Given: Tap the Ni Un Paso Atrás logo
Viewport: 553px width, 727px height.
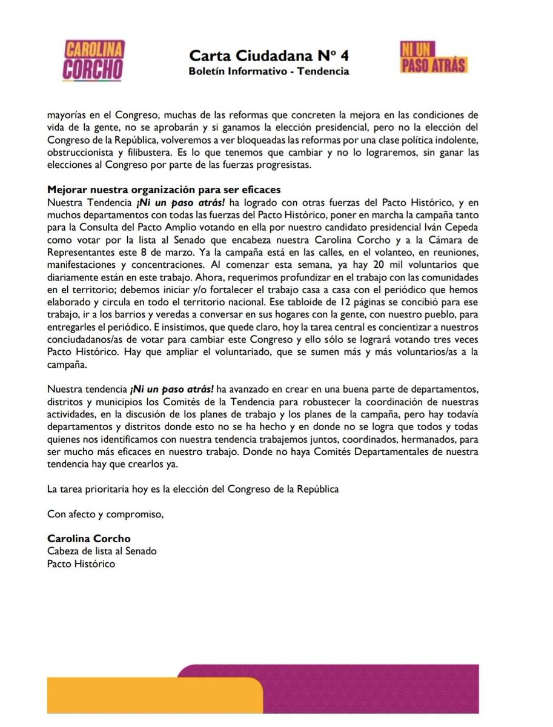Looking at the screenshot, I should (433, 57).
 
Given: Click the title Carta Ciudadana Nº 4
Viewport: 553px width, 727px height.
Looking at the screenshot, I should (269, 56).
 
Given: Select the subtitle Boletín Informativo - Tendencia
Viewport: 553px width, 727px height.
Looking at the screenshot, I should (269, 71).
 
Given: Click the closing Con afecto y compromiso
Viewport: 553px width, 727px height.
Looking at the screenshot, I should (105, 515).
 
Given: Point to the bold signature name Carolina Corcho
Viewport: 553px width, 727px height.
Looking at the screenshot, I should (88, 539).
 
